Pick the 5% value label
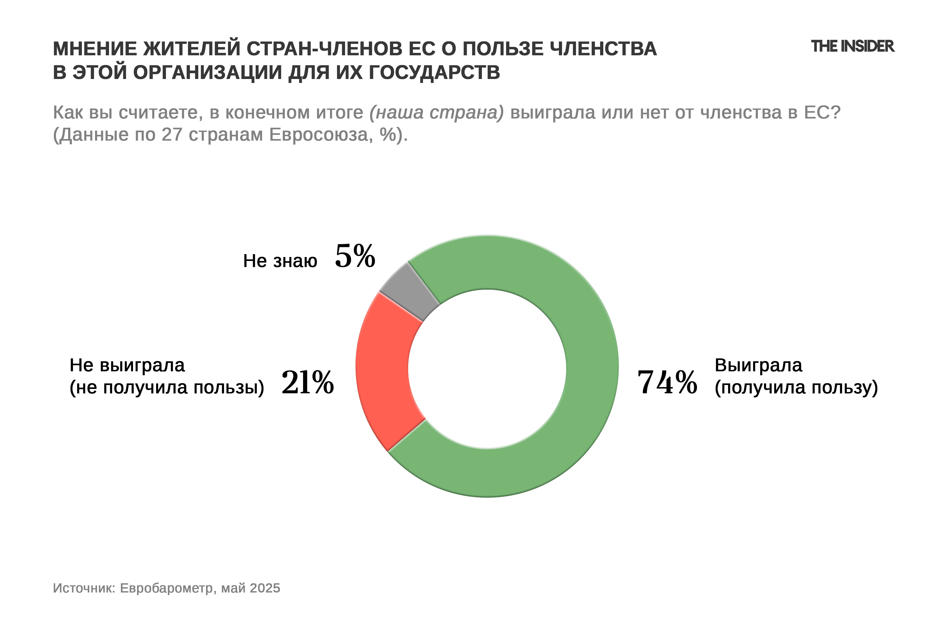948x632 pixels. click(x=355, y=256)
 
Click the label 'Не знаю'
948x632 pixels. click(x=280, y=261)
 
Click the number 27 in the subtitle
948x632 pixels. click(x=172, y=134)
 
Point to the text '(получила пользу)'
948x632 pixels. click(x=796, y=387)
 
